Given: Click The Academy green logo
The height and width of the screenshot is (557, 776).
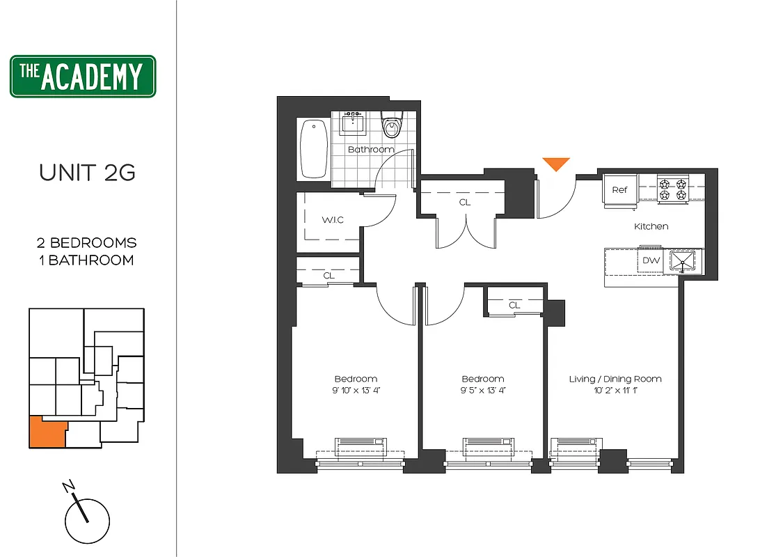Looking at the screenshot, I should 83,77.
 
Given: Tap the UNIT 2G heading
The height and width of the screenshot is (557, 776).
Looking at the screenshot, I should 87,173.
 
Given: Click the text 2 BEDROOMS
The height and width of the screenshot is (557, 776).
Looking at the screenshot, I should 87,243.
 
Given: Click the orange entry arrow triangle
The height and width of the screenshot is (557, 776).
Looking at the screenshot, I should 556,164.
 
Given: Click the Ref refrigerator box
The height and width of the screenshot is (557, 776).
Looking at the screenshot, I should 619,190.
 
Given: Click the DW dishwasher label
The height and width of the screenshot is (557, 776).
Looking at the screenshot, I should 650,260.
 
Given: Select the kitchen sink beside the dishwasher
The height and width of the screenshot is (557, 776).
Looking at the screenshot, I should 682,260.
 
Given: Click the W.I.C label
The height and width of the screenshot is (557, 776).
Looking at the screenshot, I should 332,220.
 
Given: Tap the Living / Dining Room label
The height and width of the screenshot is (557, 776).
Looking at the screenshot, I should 615,379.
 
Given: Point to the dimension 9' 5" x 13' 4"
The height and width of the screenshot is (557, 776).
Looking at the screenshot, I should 482,390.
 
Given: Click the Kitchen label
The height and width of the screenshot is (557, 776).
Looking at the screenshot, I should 651,226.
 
